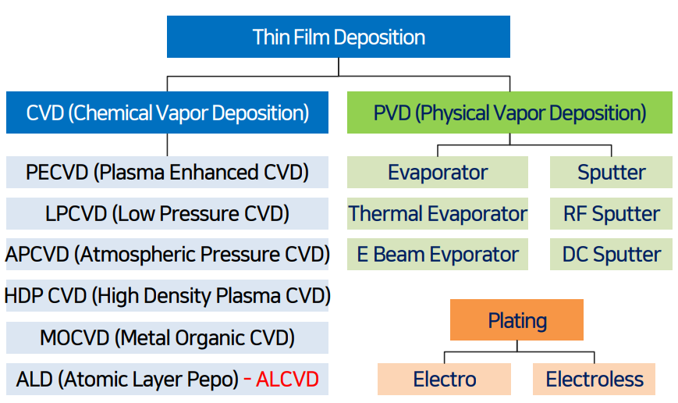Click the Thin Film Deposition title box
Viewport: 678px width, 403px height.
(x=338, y=37)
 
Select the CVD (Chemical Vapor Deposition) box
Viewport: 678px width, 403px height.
(x=167, y=113)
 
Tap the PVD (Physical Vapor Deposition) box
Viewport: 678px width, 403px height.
(x=509, y=113)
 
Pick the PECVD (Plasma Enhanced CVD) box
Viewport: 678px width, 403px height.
(x=167, y=172)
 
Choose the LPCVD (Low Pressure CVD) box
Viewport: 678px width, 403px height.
(x=167, y=213)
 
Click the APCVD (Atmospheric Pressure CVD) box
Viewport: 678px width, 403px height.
(x=167, y=255)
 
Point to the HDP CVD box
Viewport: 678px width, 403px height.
(x=167, y=296)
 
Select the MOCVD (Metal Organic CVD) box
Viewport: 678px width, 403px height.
(x=167, y=337)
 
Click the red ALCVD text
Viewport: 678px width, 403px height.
(x=287, y=380)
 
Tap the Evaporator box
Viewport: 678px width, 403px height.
(x=438, y=172)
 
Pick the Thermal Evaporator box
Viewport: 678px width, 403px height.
(x=438, y=213)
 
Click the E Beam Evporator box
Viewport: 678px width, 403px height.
(x=438, y=255)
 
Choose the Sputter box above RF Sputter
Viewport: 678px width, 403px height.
(x=611, y=172)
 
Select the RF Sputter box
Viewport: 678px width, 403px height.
(x=611, y=213)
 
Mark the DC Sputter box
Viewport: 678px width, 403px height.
(x=611, y=255)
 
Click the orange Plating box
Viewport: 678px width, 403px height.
(x=516, y=320)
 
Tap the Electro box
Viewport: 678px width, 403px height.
(x=445, y=380)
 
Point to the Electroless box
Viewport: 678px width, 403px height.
(x=595, y=380)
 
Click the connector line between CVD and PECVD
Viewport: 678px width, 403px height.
(x=167, y=145)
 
